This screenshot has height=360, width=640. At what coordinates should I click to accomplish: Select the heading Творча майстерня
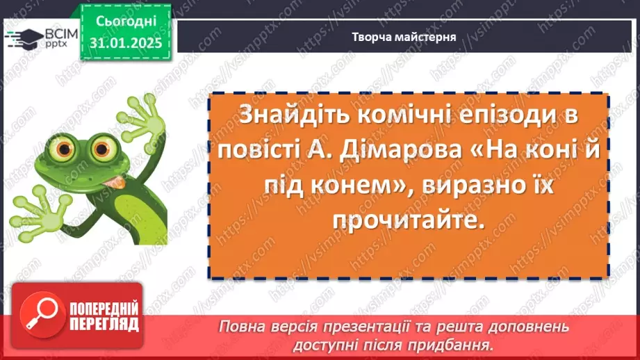click(x=403, y=37)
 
